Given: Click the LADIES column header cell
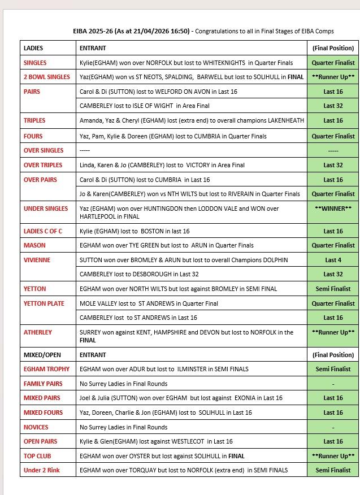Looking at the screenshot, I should pos(33,48).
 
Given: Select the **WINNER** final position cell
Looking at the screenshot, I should pos(333,208).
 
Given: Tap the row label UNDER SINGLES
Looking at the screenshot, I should pos(46,209).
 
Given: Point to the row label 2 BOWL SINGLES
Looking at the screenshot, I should pos(47,77).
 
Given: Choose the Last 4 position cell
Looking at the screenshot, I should pos(333,260).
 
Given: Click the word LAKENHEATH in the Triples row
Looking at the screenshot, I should pos(281,120).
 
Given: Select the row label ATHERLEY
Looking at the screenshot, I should pos(38,332).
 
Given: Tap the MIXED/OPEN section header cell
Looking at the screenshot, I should pos(42,355).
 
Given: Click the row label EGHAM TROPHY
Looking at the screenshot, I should pos(46,369).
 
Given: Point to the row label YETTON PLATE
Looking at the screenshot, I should pos(44,303).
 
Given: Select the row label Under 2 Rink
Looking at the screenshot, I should pos(42,470).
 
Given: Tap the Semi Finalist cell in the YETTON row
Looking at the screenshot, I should pos(333,289).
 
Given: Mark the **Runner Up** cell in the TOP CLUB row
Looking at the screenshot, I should pos(333,456).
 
